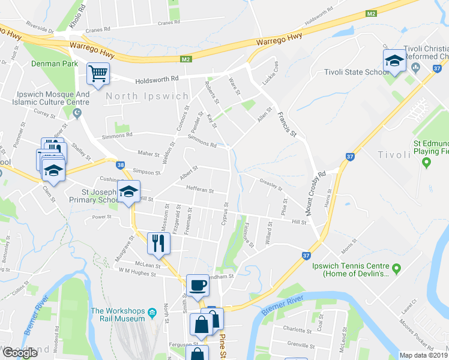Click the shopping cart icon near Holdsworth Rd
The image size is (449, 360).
pos(98,74)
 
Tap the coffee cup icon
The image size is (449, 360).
pos(197,286)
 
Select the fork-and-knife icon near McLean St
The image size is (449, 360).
pos(159,243)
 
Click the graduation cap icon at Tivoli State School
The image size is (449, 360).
pos(394,61)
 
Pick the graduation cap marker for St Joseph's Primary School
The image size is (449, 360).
pos(128,191)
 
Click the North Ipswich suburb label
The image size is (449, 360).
pos(139,95)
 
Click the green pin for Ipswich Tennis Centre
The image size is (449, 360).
pos(396,267)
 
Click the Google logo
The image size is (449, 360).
pos(20,353)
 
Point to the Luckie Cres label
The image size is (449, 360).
pos(268,73)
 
